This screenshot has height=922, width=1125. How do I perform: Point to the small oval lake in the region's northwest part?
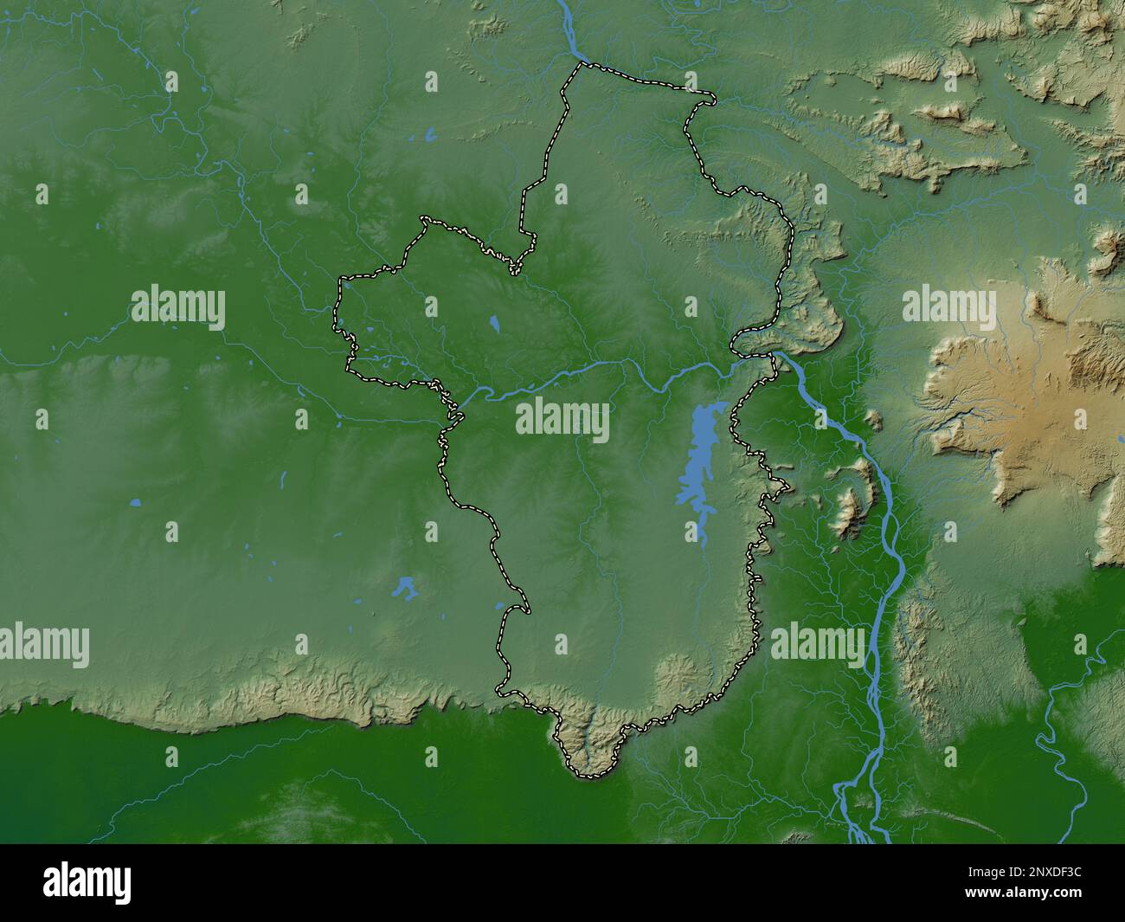point(495,325)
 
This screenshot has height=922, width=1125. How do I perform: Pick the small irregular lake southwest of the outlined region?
point(403,589)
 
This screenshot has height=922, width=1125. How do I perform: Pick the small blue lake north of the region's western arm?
point(429,135)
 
